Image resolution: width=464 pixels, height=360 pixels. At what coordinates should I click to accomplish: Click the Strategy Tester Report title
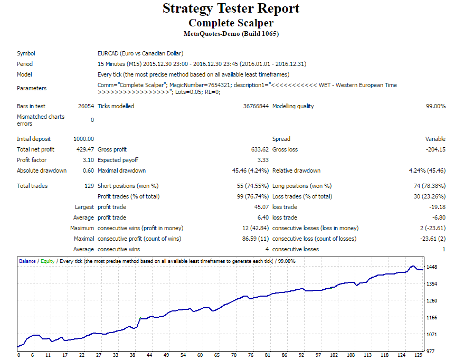(x=231, y=8)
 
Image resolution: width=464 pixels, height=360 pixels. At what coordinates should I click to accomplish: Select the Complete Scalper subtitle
(x=231, y=23)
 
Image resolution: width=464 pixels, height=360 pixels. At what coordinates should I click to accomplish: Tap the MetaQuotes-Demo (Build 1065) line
(x=231, y=34)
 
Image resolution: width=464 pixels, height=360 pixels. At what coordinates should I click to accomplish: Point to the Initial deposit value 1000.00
(x=83, y=139)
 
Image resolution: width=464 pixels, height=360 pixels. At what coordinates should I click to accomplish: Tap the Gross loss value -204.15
(x=435, y=149)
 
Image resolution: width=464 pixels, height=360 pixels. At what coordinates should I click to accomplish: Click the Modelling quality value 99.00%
(x=435, y=106)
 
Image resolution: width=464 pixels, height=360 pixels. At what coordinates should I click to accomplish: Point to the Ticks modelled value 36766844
(x=256, y=106)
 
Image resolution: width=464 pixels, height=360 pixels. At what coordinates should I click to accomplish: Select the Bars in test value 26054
(x=86, y=106)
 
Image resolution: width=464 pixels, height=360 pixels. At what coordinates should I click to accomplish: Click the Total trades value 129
(x=89, y=186)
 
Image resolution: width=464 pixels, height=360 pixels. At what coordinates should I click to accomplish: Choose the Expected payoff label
(x=118, y=160)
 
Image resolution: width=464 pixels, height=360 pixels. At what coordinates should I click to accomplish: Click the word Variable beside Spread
(x=435, y=139)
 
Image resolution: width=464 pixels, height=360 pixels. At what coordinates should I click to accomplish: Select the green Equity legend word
(x=47, y=261)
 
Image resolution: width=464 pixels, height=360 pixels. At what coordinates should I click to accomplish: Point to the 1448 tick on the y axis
(x=432, y=267)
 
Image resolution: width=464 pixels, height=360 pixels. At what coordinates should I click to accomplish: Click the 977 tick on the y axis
(x=430, y=351)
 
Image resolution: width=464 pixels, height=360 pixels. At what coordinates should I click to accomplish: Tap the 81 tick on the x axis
(x=267, y=355)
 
